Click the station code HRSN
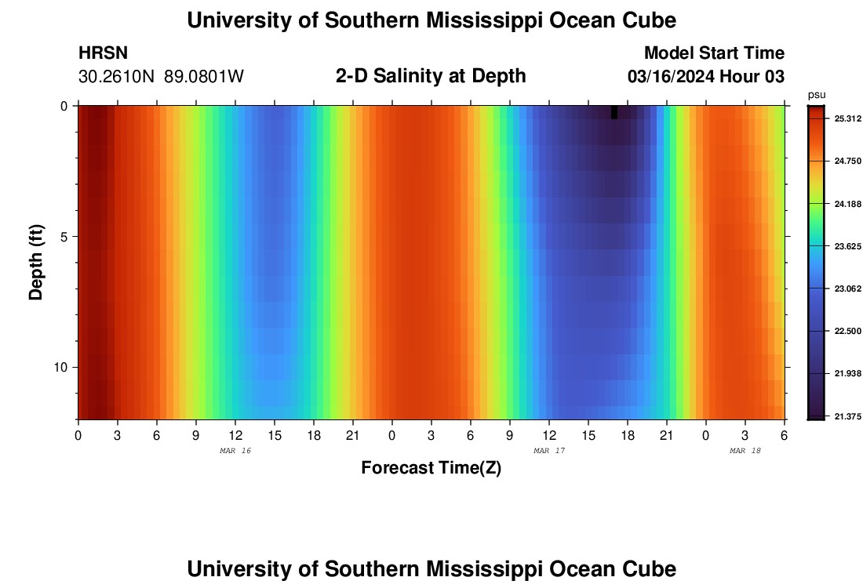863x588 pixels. click(103, 53)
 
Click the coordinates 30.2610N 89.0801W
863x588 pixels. click(161, 77)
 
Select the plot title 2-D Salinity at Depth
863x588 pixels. click(431, 76)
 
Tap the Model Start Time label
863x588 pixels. click(714, 53)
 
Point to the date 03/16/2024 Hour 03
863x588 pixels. click(706, 77)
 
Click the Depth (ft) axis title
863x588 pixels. click(36, 262)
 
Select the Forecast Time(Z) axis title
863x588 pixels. click(431, 468)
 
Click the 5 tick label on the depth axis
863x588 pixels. click(64, 237)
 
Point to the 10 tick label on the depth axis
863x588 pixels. click(60, 368)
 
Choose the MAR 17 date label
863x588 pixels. click(549, 451)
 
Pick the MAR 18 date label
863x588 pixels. click(745, 451)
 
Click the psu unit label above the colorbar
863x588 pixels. click(817, 95)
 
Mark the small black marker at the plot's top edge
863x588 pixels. click(614, 112)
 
